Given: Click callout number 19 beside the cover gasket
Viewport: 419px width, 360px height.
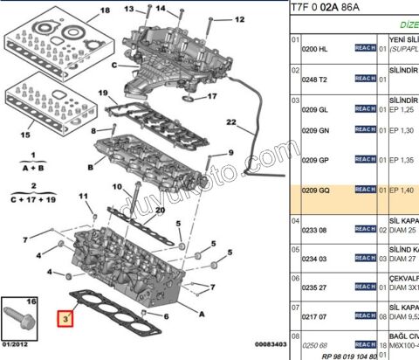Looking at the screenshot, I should click(103, 93).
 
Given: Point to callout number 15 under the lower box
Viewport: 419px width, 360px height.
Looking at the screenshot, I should click(25, 135).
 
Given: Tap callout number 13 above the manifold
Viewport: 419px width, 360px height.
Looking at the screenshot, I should click(128, 9).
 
